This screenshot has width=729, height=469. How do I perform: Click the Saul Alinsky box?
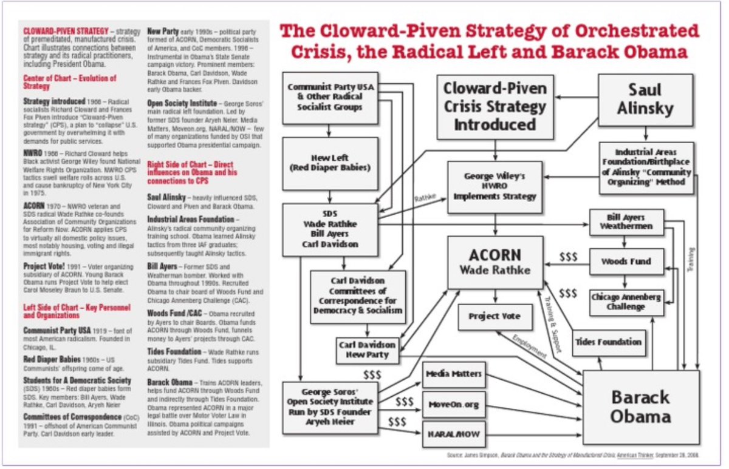pyautogui.click(x=646, y=99)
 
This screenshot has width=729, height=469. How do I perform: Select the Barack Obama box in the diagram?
pyautogui.click(x=641, y=407)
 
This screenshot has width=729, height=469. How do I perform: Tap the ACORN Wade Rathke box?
pyautogui.click(x=495, y=262)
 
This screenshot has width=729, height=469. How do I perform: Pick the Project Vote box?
pyautogui.click(x=494, y=316)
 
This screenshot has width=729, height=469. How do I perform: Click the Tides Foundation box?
pyautogui.click(x=607, y=342)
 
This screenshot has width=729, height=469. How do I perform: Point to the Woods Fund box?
pyautogui.click(x=626, y=261)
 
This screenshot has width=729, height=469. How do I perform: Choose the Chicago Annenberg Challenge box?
pyautogui.click(x=626, y=302)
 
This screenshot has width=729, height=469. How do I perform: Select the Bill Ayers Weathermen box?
pyautogui.click(x=626, y=221)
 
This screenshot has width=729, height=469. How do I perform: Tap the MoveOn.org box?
pyautogui.click(x=454, y=405)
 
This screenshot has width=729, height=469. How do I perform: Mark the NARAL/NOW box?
pyautogui.click(x=454, y=434)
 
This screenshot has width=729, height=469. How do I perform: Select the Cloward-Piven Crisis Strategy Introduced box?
pyautogui.click(x=495, y=107)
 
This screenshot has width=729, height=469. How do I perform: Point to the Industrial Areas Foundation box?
pyautogui.click(x=646, y=168)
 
